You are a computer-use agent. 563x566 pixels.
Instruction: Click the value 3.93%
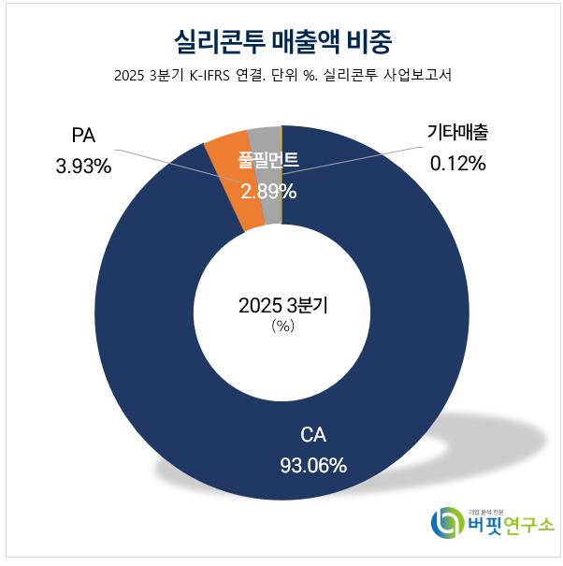[x=83, y=167]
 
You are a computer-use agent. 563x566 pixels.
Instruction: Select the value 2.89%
[x=268, y=192]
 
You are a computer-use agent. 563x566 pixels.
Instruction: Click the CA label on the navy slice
[x=313, y=435]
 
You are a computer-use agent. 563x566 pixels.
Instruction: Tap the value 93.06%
[x=313, y=465]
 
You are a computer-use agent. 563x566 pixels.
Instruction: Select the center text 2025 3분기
[x=281, y=305]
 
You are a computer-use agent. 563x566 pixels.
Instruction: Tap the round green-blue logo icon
[x=448, y=523]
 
